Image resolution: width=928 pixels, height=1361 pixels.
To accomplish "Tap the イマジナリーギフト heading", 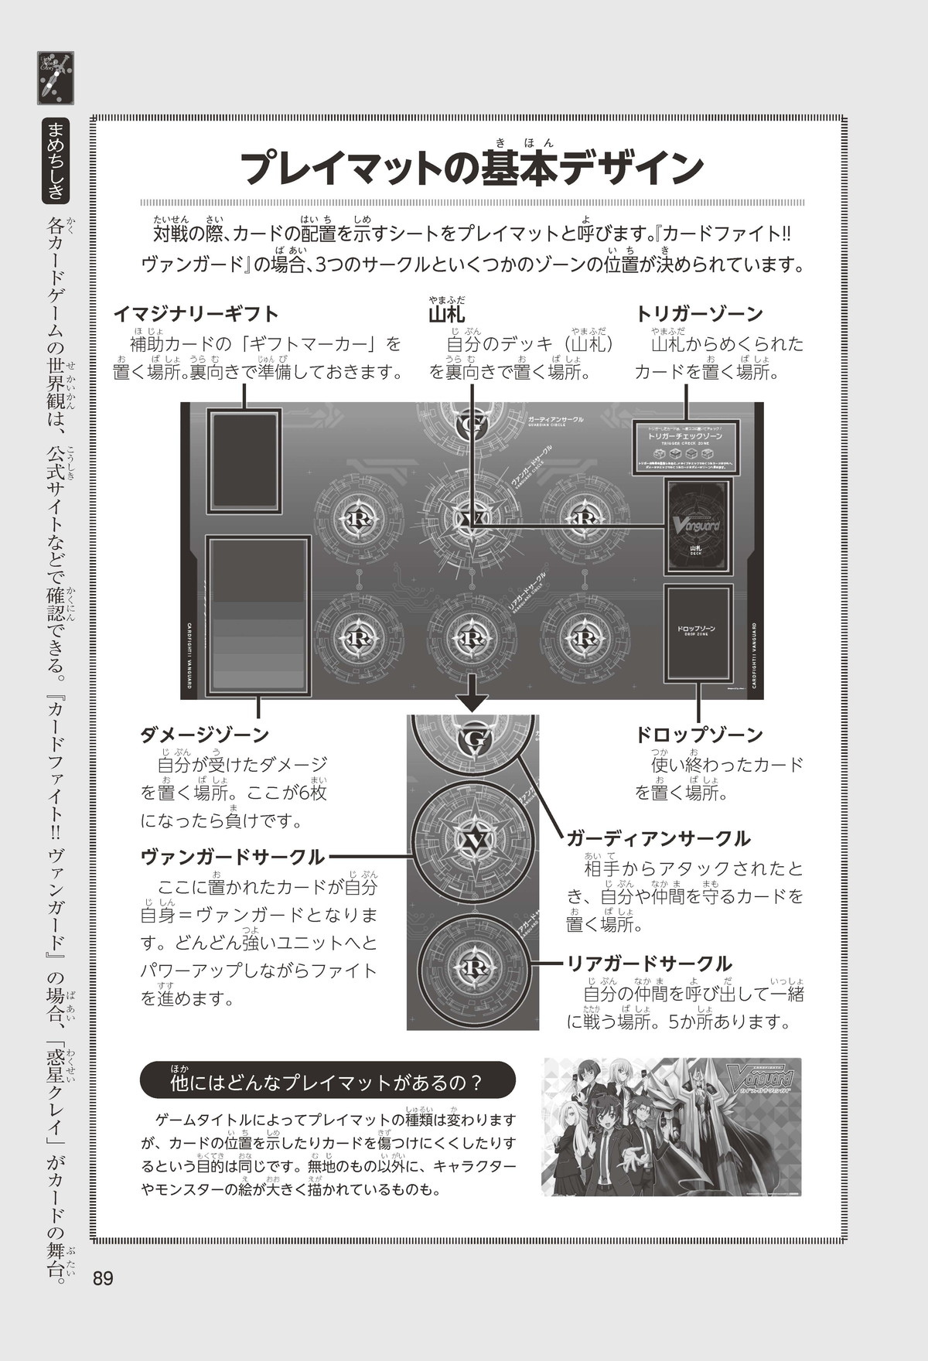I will (196, 314).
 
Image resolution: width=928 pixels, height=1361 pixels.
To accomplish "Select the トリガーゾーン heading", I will (699, 314).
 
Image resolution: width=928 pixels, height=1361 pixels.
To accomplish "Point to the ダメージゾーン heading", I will (204, 735).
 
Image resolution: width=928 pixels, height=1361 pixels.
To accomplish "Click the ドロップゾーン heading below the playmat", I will (699, 735).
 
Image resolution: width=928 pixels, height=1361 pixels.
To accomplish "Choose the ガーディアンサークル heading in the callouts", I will (658, 838).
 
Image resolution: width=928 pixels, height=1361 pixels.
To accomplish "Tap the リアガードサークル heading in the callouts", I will (649, 964).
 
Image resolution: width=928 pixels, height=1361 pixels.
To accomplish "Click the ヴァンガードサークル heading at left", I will (232, 857).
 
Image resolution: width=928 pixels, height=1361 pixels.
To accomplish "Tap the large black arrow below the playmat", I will (472, 694).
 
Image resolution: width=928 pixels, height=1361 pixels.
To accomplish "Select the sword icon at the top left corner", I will (55, 78).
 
